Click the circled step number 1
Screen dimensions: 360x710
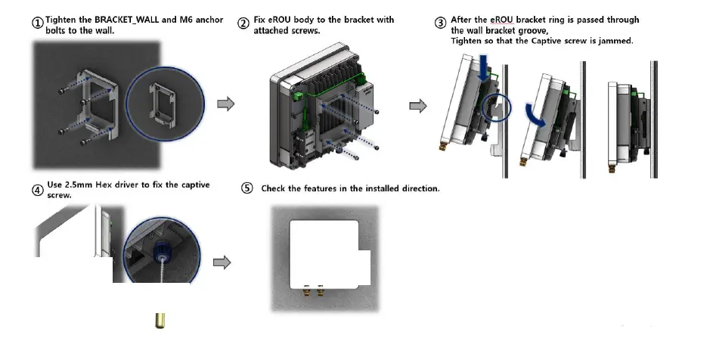tap(38, 22)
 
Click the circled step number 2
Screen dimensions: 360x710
tap(243, 23)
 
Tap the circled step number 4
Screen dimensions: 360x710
tap(37, 190)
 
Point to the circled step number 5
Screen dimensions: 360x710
tap(246, 188)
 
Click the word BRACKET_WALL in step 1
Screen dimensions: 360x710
tap(124, 19)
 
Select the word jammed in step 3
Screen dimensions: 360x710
tap(615, 41)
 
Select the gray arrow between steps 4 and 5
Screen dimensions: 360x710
tap(222, 262)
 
